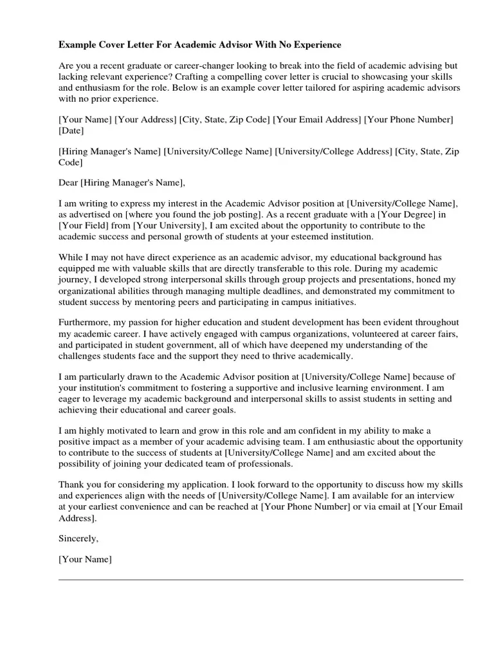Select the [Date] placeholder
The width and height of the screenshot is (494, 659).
coord(71,131)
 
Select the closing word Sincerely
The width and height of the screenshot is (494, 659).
coord(78,539)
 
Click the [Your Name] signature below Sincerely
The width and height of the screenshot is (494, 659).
coord(85,560)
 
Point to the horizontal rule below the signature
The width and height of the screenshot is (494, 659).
coord(261,580)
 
